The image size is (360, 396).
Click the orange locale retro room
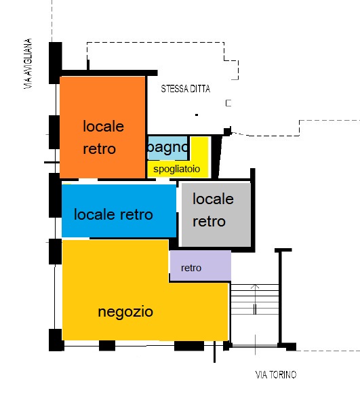tap(102, 127)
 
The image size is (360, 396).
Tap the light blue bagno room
tap(167, 148)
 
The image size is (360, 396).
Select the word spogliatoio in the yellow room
tap(177, 169)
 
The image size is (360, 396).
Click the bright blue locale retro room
tap(119, 211)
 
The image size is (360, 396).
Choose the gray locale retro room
tap(216, 214)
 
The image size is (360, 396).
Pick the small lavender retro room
tap(201, 265)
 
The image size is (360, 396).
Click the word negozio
tap(125, 312)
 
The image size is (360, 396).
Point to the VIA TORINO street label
tap(276, 375)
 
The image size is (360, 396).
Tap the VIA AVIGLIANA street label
tap(28, 64)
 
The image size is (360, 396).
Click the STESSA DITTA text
tap(186, 89)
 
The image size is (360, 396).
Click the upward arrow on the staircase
tap(255, 300)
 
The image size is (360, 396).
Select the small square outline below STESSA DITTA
tap(228, 103)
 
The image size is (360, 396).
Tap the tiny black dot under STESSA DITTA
tap(197, 115)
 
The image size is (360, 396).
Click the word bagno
tap(168, 148)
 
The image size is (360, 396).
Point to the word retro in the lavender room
tap(191, 268)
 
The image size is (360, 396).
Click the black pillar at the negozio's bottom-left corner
tap(56, 340)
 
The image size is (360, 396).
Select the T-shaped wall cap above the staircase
tap(283, 250)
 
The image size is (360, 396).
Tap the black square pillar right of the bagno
tap(227, 132)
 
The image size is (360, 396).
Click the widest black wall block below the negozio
tap(189, 346)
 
